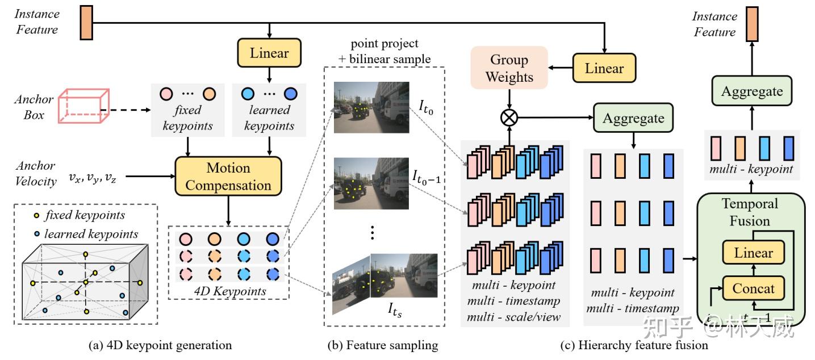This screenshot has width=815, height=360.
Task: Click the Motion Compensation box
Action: (228, 176)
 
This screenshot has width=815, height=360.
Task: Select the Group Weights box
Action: (509, 68)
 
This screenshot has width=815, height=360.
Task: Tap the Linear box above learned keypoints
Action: (270, 53)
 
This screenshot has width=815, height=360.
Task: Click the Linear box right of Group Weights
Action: (604, 69)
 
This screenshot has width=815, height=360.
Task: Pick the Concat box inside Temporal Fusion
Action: (753, 288)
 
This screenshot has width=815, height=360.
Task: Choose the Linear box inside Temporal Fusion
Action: (753, 253)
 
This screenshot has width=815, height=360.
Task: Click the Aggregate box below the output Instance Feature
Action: (751, 91)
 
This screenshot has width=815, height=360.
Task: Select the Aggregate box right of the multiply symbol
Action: (633, 118)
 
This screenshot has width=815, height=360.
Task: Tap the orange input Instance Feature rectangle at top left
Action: (86, 22)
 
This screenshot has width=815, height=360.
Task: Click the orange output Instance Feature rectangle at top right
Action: (751, 24)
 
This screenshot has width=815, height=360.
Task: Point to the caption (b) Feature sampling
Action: (383, 345)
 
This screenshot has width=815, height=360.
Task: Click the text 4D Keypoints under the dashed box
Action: (229, 291)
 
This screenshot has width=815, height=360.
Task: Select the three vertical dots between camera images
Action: (373, 232)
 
